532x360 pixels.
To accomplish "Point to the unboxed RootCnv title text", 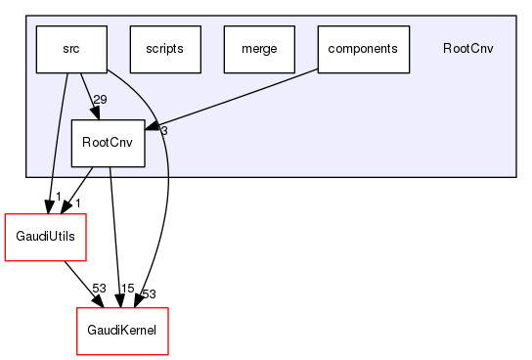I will click(467, 49).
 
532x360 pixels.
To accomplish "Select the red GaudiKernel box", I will click(123, 332).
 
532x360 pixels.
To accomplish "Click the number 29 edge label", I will click(101, 100).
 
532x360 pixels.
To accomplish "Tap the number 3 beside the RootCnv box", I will click(164, 131).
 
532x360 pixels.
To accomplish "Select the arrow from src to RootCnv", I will click(88, 96).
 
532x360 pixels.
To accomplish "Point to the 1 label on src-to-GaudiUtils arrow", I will click(58, 198).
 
